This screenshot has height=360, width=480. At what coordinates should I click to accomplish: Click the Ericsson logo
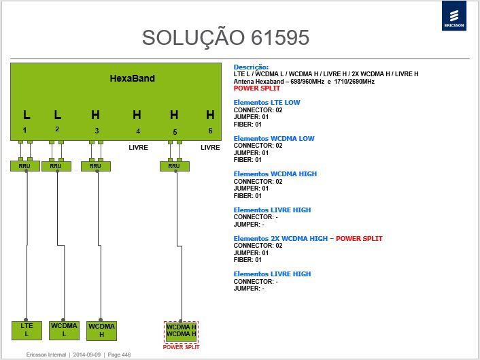454,16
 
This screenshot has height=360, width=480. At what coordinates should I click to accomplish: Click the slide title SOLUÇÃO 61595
226,38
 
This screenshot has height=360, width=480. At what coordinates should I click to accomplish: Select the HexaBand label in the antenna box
133,78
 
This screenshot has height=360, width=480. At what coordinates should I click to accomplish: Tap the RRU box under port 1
24,166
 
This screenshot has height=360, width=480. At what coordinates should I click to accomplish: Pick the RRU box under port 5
175,166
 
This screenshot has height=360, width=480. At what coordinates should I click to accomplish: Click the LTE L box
27,330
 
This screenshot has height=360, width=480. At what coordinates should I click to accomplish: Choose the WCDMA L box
64,330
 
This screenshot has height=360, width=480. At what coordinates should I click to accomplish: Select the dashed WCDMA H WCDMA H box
181,331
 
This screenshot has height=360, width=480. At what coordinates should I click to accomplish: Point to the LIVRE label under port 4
139,148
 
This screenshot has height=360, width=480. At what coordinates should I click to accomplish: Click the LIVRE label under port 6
210,148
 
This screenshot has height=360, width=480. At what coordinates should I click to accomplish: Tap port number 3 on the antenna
97,131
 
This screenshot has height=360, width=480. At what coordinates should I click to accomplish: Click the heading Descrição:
251,67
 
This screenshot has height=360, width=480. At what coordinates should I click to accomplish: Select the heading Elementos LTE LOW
267,103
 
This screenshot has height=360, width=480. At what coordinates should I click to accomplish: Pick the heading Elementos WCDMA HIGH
275,174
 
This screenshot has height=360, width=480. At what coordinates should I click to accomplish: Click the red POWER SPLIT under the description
257,88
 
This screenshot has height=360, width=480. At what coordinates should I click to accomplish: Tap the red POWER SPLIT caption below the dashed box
181,347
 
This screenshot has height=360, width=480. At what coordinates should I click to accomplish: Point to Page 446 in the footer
119,355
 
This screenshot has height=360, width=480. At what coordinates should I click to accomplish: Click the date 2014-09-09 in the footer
86,355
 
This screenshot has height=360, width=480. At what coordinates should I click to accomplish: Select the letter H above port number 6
210,115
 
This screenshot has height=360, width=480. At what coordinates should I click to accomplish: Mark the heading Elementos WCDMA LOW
274,138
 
